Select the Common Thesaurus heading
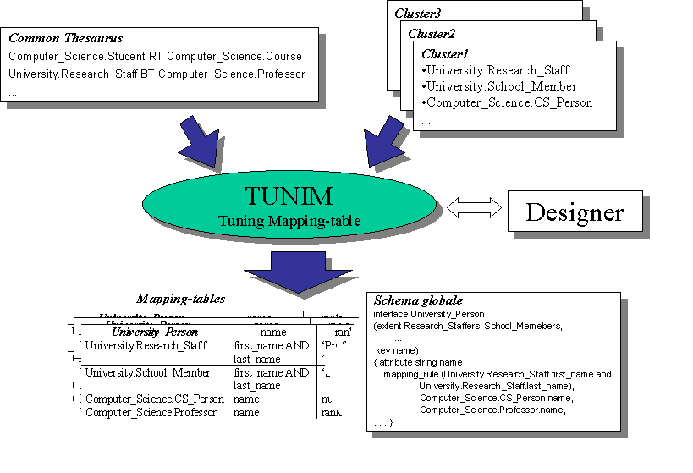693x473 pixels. point(65,38)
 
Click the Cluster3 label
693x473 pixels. point(417,14)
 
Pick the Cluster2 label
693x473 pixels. point(431,34)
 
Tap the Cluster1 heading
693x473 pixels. point(444,54)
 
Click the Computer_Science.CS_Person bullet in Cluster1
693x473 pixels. point(507,102)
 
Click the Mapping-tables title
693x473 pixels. point(180,299)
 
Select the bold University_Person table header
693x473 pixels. point(155,333)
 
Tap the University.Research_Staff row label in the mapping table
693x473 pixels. point(146,345)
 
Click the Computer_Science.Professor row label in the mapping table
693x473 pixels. point(151,412)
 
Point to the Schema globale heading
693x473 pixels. point(418,300)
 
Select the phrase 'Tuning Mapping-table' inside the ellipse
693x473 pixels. point(289,221)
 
